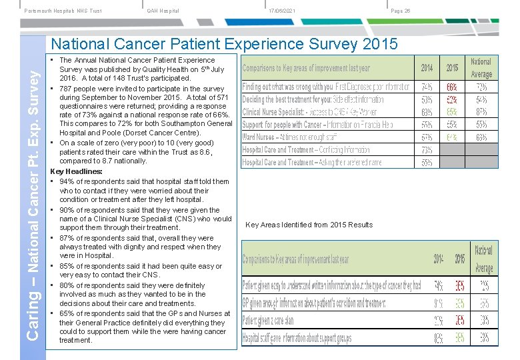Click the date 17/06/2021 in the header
pos(283,10)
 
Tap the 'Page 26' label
pos(401,10)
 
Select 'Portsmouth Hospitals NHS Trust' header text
pos(63,10)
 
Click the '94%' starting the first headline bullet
pos(67,181)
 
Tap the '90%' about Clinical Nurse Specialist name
pos(67,209)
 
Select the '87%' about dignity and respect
pos(67,238)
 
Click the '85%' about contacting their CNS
pos(67,266)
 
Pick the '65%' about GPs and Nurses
pos(67,313)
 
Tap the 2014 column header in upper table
pos(427,68)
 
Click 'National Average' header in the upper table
pos(481,68)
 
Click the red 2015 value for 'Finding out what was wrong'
pos(451,87)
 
